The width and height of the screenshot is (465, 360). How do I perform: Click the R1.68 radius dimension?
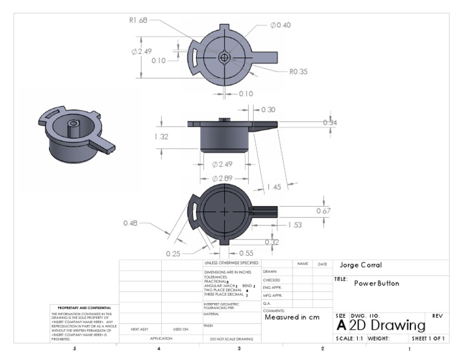click(139, 19)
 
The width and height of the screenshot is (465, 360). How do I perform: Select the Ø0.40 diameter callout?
click(281, 25)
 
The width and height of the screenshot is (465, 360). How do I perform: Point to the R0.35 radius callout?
click(298, 72)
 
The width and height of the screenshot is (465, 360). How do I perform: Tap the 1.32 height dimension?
click(162, 136)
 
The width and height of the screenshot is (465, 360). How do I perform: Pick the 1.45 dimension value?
click(275, 187)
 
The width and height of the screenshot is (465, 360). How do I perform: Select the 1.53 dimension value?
click(295, 225)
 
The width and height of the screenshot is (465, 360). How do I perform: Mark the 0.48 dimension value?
click(131, 223)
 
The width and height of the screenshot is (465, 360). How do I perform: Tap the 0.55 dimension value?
click(246, 253)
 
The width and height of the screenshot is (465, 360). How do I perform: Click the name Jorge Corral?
click(361, 265)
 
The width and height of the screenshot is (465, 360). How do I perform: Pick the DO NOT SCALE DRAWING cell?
click(231, 339)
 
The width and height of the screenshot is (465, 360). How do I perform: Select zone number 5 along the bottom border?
click(74, 349)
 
